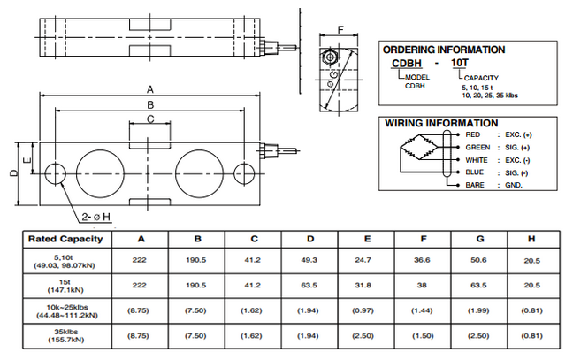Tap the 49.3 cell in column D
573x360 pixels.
coord(309,260)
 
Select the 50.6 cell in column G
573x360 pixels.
coord(479,260)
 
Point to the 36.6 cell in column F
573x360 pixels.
coord(423,260)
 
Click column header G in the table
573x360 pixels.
coord(479,239)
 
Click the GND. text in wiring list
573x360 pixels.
coord(512,184)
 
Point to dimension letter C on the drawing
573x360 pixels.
coord(150,119)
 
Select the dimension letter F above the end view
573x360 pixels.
coord(340,31)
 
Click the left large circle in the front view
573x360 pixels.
coord(101,169)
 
